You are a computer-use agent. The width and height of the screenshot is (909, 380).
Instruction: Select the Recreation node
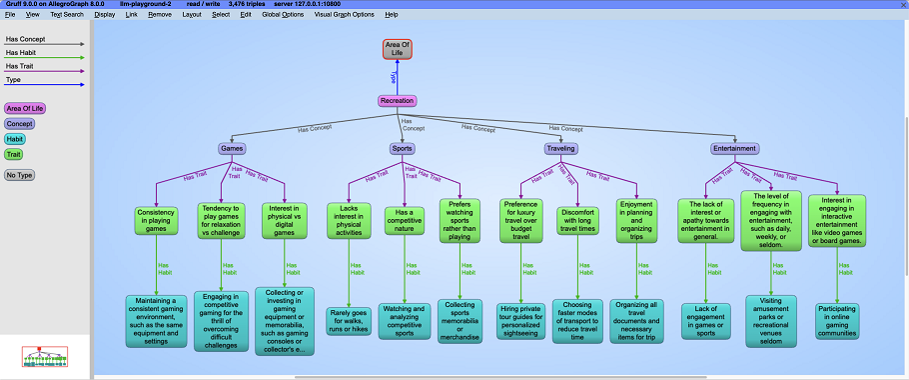coord(397,100)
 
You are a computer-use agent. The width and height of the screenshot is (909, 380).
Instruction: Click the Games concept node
coord(231,149)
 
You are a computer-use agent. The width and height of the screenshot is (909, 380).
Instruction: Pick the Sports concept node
coord(403,149)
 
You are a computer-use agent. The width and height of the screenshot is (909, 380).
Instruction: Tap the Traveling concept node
coord(560,149)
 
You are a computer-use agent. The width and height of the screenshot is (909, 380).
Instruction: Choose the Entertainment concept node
coord(734,149)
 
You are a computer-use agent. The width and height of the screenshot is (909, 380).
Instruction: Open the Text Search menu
coord(67,15)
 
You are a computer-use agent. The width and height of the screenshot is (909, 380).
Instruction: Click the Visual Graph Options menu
coord(344,15)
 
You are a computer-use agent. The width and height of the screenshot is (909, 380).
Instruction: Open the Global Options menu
coord(282,15)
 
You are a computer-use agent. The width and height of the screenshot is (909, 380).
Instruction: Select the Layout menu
coord(192,15)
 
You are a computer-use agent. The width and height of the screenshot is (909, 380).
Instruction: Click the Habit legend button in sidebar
coord(16,139)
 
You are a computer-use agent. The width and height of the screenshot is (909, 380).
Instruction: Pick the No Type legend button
coord(20,175)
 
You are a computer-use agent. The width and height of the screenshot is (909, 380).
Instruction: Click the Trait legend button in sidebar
coord(14,154)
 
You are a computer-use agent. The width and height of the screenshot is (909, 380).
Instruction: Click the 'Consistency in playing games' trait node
coord(157,220)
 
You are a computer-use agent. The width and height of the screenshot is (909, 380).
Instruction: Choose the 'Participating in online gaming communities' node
coord(838,320)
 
